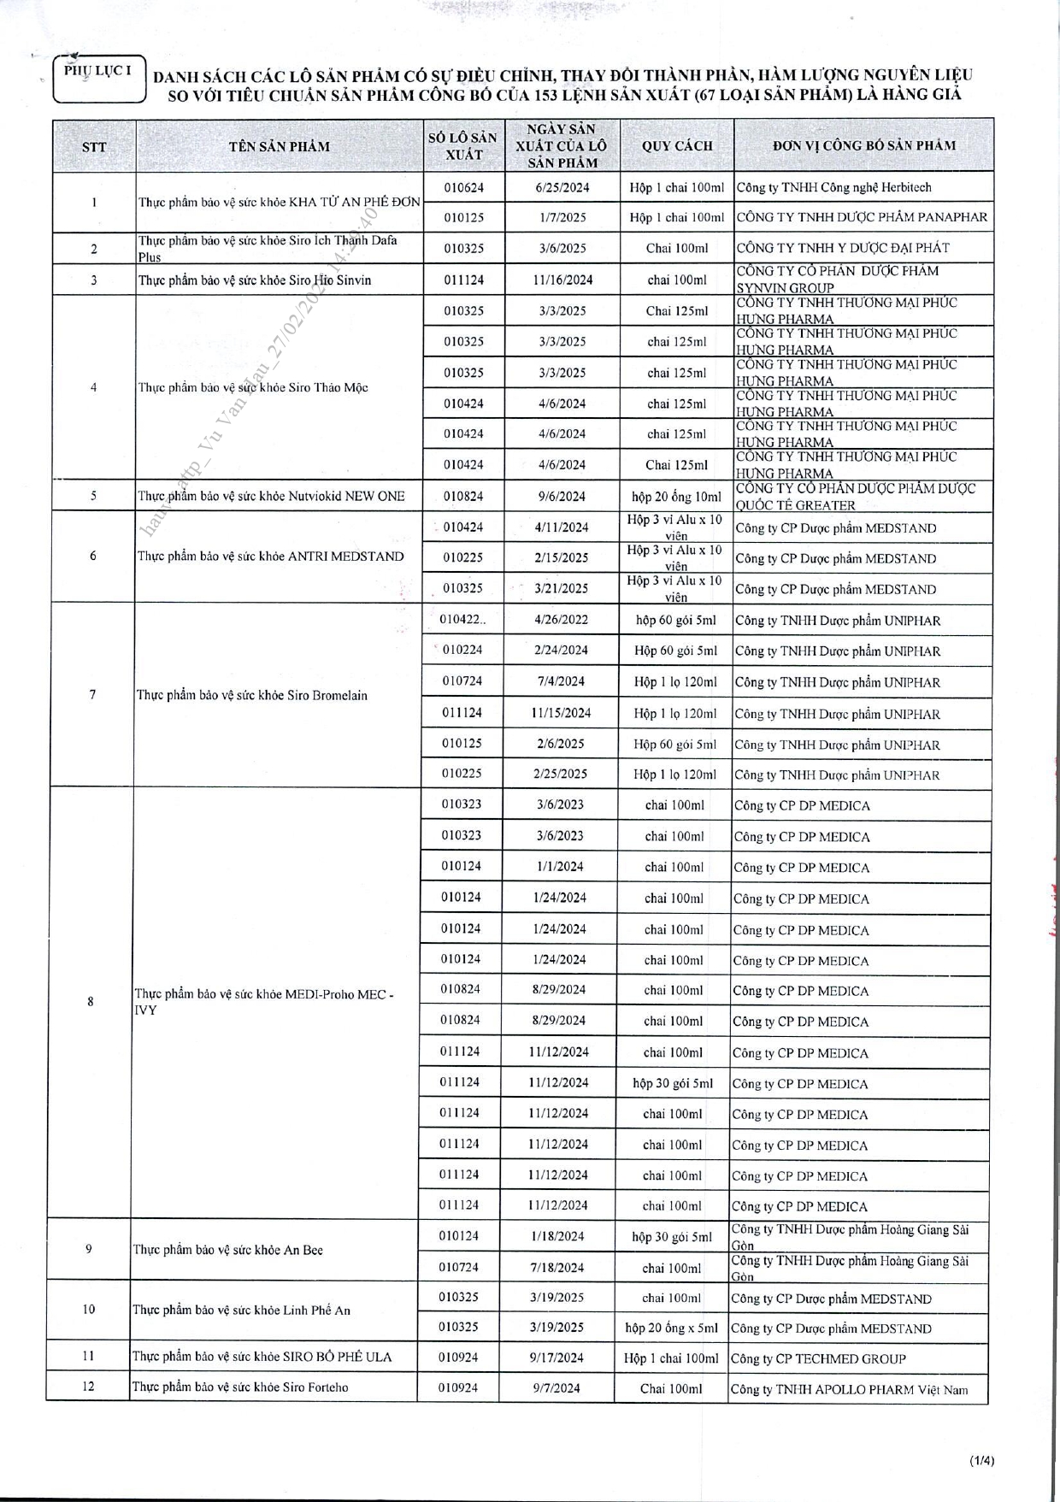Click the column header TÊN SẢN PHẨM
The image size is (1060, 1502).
[279, 146]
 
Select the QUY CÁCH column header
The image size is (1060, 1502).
[677, 146]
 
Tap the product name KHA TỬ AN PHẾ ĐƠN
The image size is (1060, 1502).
[279, 203]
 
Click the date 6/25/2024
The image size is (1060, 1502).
[562, 187]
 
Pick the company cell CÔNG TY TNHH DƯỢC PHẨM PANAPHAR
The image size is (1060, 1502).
[862, 217]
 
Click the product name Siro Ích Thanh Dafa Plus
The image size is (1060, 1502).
[268, 248]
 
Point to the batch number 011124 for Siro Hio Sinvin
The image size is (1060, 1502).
[463, 280]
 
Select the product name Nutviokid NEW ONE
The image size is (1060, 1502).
[271, 496]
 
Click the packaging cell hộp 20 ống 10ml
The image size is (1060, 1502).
[676, 496]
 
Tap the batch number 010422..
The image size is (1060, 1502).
[462, 620]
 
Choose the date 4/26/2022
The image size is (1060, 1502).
[561, 620]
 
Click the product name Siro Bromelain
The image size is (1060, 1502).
[252, 695]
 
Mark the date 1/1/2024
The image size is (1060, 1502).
[560, 867]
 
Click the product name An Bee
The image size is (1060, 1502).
[227, 1250]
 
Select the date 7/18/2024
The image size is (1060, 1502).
[556, 1268]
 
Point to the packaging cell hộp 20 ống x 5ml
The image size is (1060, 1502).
[671, 1328]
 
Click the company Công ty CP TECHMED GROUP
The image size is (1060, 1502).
[818, 1358]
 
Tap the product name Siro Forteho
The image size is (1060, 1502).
[240, 1387]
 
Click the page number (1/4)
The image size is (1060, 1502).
[981, 1461]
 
